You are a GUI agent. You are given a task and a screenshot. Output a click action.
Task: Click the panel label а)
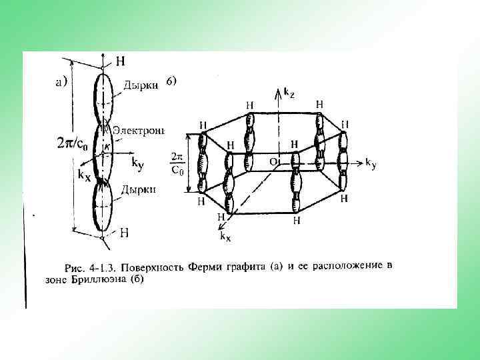59,83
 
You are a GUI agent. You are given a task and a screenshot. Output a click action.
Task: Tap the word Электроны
138,131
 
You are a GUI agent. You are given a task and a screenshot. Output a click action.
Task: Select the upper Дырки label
141,85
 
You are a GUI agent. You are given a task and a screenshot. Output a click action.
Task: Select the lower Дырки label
138,189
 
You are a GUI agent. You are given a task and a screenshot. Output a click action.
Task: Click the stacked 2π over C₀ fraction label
177,163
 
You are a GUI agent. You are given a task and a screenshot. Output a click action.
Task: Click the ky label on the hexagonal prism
371,162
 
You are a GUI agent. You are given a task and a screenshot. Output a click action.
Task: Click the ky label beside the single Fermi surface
137,162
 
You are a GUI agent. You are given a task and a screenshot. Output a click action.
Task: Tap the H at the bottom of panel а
124,233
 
